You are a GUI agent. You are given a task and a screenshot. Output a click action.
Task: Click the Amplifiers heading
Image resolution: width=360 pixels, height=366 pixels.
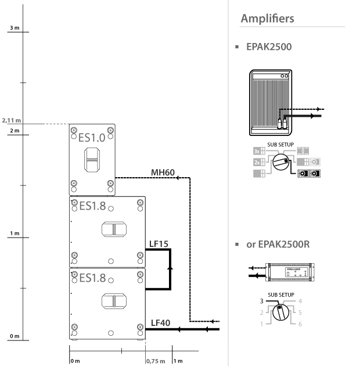coord(267,19)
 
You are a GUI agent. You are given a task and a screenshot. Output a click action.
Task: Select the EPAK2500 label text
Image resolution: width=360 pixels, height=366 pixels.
coord(269,46)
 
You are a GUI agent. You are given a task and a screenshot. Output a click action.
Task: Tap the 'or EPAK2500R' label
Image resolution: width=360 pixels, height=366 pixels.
coord(278,245)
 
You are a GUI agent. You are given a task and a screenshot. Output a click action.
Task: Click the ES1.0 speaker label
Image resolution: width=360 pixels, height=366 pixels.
coord(92,138)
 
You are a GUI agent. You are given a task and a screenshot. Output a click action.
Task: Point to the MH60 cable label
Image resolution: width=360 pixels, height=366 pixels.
coord(163,173)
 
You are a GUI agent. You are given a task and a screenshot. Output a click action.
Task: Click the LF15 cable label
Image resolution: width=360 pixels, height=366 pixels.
coord(159,244)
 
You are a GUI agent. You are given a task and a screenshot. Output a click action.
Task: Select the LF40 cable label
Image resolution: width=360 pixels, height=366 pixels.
coord(160,323)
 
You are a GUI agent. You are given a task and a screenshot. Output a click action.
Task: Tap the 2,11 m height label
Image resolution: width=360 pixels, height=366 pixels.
coord(12,120)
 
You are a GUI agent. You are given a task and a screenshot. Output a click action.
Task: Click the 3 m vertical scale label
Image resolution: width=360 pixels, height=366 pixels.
coord(15,28)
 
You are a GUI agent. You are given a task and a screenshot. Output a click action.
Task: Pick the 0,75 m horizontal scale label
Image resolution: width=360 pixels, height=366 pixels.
coord(156,361)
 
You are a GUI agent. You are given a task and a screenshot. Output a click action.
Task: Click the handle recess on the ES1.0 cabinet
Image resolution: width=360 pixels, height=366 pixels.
coord(92,160)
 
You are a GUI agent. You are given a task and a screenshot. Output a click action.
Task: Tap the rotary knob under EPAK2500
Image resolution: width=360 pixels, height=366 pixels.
coord(281,162)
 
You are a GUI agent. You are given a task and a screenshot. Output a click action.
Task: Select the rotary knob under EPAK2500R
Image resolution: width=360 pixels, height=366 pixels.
coord(280,312)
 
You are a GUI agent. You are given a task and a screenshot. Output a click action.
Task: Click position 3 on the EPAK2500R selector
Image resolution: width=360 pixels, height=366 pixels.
coord(262,301)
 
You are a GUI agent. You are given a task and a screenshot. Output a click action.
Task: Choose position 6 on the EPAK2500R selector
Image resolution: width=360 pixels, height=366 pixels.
coord(300,324)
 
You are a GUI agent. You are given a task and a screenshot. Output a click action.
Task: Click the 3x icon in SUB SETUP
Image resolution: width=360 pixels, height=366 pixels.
coord(259,151)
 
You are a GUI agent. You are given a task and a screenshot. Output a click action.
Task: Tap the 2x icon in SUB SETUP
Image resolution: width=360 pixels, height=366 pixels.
coord(259,162)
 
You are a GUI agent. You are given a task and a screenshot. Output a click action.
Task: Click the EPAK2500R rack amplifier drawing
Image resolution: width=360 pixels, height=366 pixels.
coord(290,272)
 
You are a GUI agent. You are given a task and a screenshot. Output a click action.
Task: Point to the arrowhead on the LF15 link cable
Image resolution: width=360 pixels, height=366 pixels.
coord(170,268)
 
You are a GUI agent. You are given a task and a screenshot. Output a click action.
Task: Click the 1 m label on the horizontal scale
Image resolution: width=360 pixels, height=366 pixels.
coord(178,361)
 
